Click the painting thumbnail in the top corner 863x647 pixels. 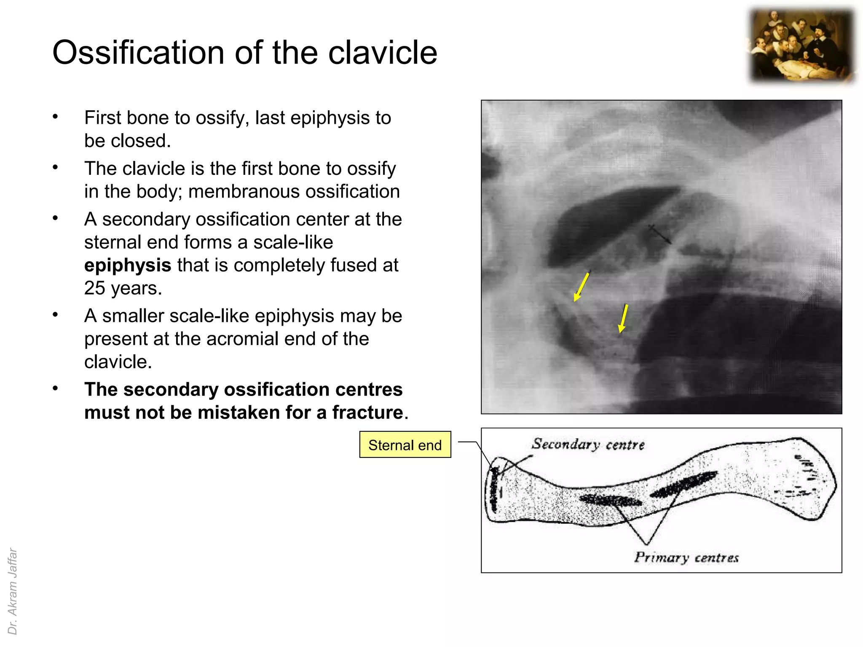click(802, 46)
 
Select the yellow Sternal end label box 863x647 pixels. click(405, 445)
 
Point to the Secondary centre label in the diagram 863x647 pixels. click(588, 444)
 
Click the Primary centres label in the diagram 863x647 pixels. click(686, 558)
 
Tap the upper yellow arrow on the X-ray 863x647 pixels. click(582, 287)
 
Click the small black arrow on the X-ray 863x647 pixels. click(660, 234)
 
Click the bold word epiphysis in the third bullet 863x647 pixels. click(128, 265)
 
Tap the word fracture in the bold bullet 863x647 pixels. click(367, 412)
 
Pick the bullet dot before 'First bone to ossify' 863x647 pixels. click(55, 117)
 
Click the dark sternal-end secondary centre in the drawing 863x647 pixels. click(494, 489)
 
